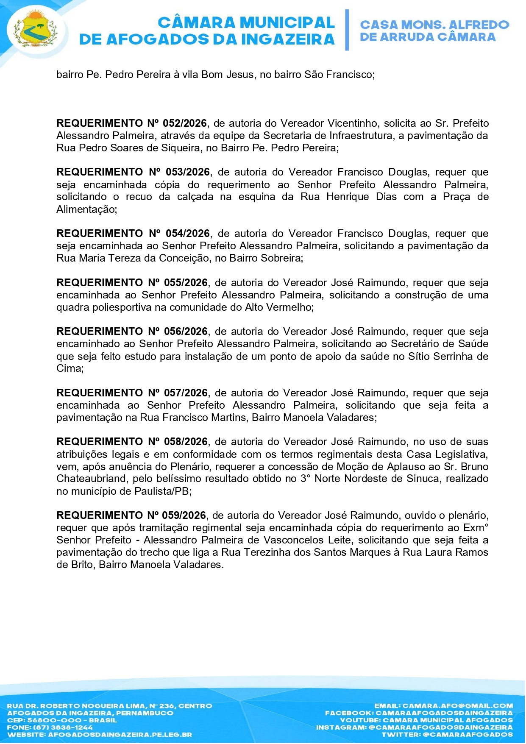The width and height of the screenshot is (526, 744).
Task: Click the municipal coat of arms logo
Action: tap(35, 30)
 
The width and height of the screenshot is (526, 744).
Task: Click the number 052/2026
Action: tap(185, 123)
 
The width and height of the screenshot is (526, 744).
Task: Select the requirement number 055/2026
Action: tap(186, 283)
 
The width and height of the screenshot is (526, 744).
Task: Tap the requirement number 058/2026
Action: tap(186, 442)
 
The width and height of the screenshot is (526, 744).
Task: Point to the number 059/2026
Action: tap(184, 516)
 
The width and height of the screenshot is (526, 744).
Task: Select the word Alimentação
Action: tap(86, 209)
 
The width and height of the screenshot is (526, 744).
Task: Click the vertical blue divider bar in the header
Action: tap(347, 30)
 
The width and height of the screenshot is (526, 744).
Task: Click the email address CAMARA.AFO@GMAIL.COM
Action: tap(458, 706)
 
